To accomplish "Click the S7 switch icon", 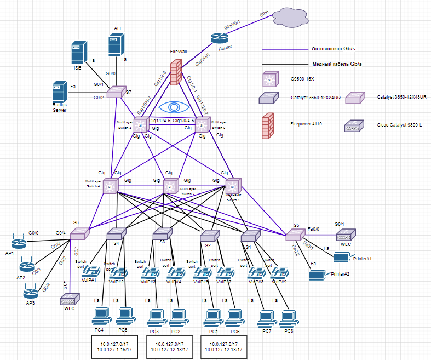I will point(116,93).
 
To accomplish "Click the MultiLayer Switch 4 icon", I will point(111,186).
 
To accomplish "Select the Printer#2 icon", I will point(317,272).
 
